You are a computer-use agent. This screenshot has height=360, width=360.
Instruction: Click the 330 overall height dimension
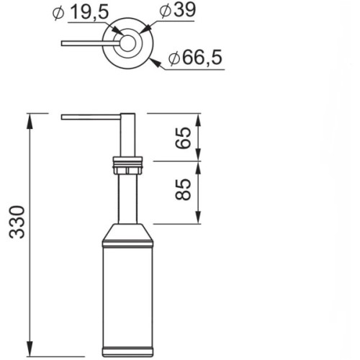17,222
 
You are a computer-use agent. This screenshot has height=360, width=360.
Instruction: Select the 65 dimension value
183,138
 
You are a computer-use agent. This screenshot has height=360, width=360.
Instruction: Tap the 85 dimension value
183,189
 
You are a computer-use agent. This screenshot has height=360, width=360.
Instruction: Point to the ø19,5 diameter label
81,13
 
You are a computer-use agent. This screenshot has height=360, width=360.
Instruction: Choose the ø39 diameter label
178,10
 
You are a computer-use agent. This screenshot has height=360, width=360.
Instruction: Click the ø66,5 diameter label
195,58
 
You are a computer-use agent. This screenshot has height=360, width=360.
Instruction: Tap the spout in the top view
91,43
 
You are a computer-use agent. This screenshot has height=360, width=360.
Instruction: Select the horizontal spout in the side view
91,117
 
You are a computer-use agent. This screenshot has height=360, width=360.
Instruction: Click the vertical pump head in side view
127,135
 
